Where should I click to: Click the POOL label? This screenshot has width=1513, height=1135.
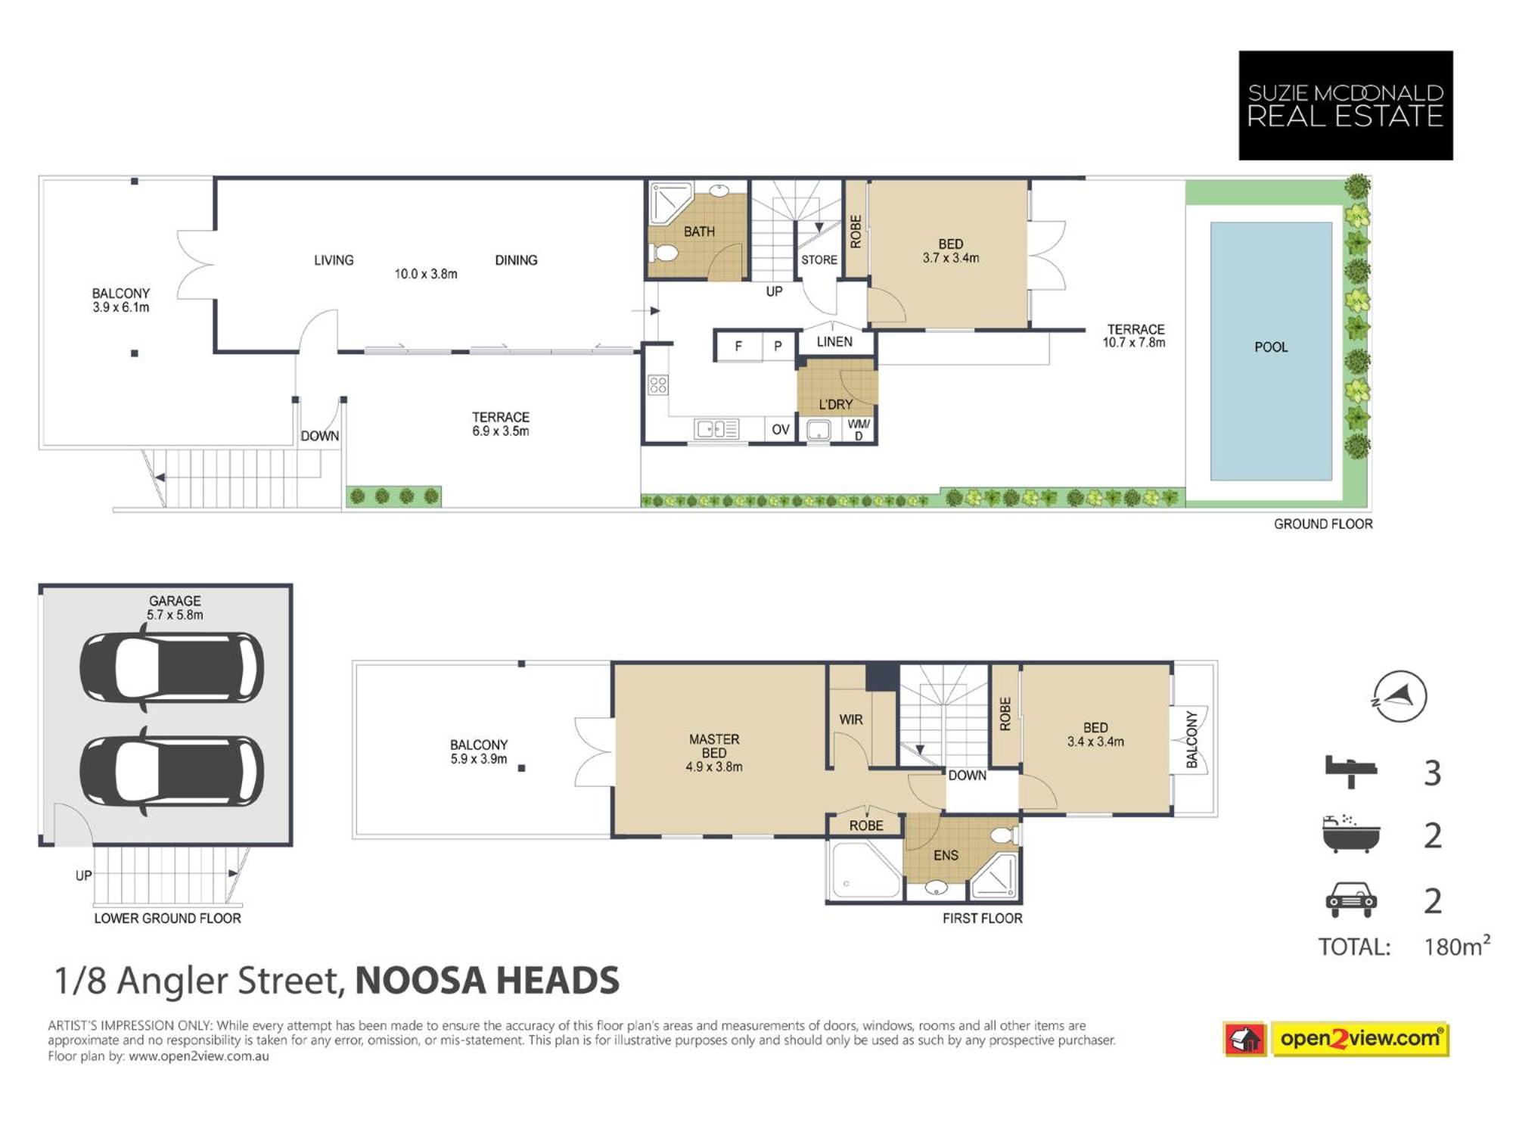tap(1271, 347)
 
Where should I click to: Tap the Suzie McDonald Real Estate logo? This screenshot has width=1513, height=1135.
tap(1346, 105)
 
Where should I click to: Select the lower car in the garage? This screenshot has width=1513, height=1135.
tap(172, 771)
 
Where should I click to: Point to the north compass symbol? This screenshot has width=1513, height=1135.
tap(1400, 696)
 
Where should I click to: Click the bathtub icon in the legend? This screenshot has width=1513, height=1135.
tap(1351, 834)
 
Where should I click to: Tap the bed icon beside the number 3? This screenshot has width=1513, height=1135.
tap(1351, 771)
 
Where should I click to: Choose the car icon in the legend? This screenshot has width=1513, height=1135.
tap(1351, 899)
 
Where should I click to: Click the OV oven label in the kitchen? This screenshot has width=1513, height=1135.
tap(781, 430)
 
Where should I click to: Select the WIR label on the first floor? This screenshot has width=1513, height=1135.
tap(851, 720)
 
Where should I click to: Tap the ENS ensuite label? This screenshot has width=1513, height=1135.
tap(946, 855)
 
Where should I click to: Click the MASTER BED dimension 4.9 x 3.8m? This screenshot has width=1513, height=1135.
tap(714, 767)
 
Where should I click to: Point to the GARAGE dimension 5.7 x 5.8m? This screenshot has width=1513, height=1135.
tap(175, 615)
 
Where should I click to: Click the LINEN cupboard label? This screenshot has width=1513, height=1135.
tap(834, 342)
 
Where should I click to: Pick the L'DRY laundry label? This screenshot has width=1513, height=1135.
tap(836, 405)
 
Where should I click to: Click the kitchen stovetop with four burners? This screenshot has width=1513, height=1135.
tap(658, 385)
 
